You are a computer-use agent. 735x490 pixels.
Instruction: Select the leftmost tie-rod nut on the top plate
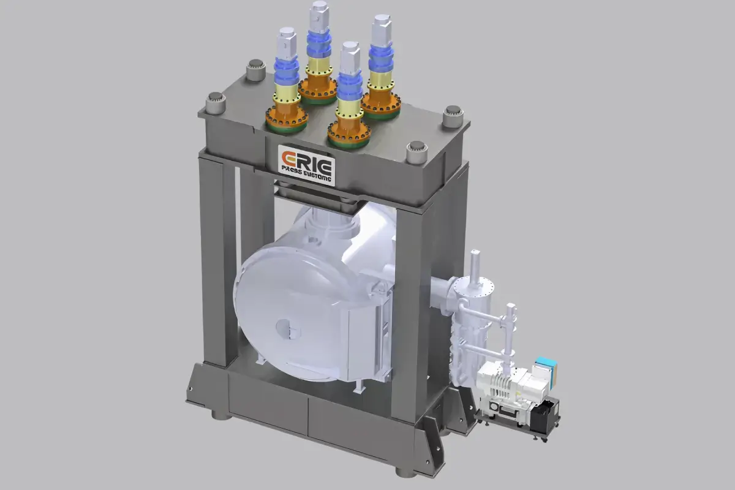[214, 102]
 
